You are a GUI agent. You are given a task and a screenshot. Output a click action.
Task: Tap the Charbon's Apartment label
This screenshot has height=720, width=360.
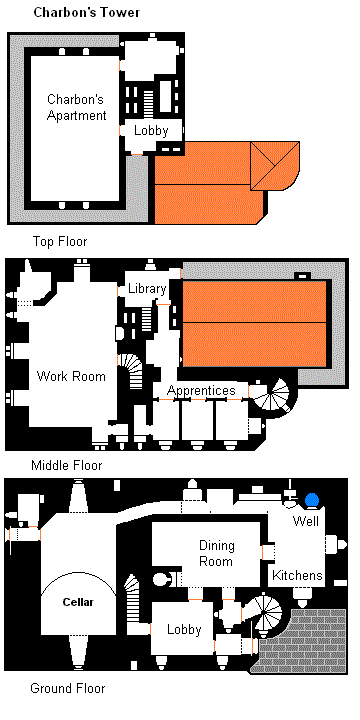tap(77, 107)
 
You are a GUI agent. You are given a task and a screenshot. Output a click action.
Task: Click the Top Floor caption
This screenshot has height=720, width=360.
tap(60, 241)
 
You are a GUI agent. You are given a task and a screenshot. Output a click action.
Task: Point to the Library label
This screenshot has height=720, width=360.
tap(147, 289)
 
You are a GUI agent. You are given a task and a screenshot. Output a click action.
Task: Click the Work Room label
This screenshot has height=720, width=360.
tap(71, 377)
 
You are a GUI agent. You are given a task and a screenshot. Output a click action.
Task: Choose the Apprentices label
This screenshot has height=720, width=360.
tap(201, 390)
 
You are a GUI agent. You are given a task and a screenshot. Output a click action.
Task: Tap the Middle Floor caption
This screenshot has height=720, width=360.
tap(66, 465)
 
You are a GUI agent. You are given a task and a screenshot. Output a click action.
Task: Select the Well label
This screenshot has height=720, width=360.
tap(305, 522)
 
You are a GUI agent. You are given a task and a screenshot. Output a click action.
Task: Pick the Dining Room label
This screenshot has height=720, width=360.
tap(216, 553)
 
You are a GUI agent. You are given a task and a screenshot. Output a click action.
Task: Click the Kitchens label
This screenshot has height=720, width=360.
tap(298, 576)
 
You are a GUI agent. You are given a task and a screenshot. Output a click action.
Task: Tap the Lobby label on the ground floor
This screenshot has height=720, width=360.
tap(184, 630)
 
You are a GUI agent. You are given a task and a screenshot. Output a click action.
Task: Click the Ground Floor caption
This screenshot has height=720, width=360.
tap(68, 688)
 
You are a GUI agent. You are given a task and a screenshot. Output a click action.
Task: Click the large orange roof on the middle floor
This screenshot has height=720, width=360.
tap(255, 322)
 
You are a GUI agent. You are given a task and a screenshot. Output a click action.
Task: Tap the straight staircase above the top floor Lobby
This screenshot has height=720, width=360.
tap(150, 103)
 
